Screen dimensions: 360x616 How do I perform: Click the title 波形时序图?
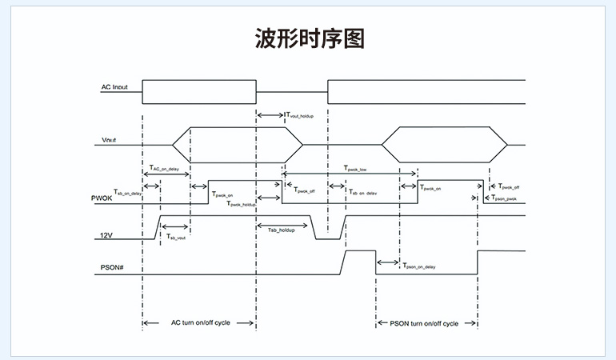point(308,37)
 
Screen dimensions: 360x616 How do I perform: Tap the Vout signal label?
point(110,141)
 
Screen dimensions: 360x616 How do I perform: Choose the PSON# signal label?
point(111,265)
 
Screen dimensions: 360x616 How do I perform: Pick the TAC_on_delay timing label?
point(164,168)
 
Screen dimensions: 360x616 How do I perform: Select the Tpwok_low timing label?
point(354,169)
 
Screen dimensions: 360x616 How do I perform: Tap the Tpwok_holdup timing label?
point(242,205)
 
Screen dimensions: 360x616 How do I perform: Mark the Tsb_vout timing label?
point(176,238)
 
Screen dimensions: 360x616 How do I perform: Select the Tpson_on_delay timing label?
point(419,266)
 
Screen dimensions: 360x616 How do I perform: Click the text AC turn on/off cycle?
point(200,323)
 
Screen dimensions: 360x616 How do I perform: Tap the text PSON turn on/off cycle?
point(424,323)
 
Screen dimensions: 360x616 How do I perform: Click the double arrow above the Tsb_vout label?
point(175,226)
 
